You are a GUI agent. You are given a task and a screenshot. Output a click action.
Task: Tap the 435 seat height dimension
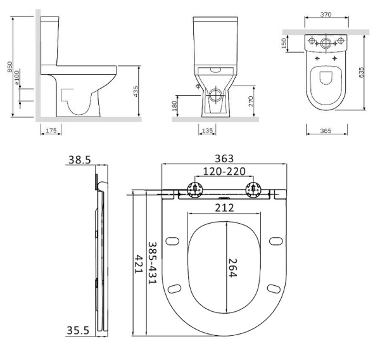click(135, 91)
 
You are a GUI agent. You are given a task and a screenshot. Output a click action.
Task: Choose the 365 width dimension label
click(326, 132)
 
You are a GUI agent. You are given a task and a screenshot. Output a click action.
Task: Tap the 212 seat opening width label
click(225, 208)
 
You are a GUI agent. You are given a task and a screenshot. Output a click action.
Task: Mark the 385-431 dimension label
click(152, 262)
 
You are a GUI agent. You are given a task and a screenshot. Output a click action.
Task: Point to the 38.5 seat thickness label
click(79, 161)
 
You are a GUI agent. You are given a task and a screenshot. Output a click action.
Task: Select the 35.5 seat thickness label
click(77, 330)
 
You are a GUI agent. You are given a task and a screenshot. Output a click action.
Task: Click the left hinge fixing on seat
click(194, 190)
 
